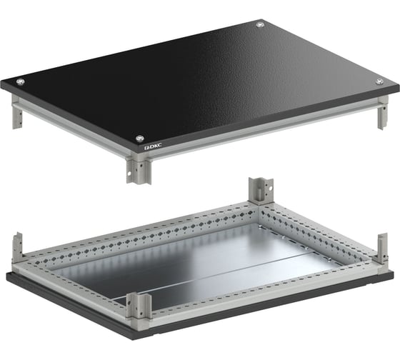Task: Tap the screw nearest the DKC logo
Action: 140,139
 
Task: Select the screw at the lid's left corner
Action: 21,81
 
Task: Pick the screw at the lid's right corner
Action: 379,81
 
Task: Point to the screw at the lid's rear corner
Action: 260,25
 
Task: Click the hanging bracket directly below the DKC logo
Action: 139,169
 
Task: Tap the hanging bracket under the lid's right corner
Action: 383,113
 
